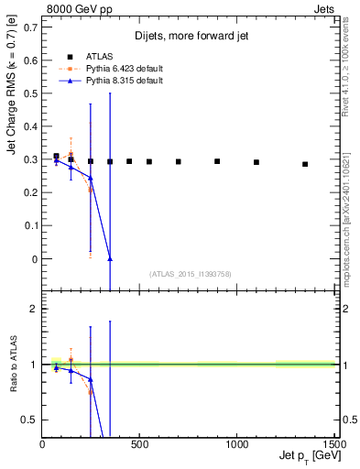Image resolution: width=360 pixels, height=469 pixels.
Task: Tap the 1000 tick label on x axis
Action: tap(236, 444)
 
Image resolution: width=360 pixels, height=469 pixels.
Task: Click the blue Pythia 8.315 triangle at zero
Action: tap(110, 259)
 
